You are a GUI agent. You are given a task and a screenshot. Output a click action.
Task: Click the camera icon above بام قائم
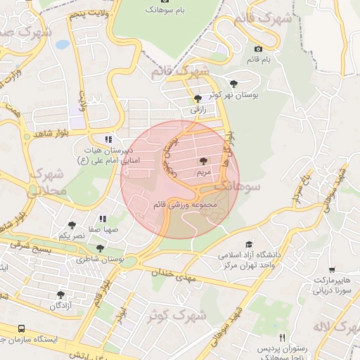pyautogui.click(x=258, y=49)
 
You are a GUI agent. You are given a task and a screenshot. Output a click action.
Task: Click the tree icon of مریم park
pyautogui.click(x=204, y=161)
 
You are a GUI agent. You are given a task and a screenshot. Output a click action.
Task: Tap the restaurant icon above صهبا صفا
pyautogui.click(x=103, y=219)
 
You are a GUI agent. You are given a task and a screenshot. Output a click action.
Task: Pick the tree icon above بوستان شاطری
pyautogui.click(x=101, y=248)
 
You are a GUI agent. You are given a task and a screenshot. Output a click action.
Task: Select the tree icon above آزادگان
pyautogui.click(x=60, y=295)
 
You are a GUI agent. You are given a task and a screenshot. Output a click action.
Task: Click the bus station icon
pyautogui.click(x=22, y=329)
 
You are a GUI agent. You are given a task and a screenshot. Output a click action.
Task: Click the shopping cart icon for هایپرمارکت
pyautogui.click(x=331, y=270)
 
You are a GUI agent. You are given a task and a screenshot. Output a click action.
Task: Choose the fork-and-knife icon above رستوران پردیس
pyautogui.click(x=282, y=337)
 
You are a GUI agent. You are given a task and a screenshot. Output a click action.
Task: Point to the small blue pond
pyautogui.click(x=63, y=44)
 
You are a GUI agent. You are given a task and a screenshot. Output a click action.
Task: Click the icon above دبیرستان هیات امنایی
pyautogui.click(x=108, y=139)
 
